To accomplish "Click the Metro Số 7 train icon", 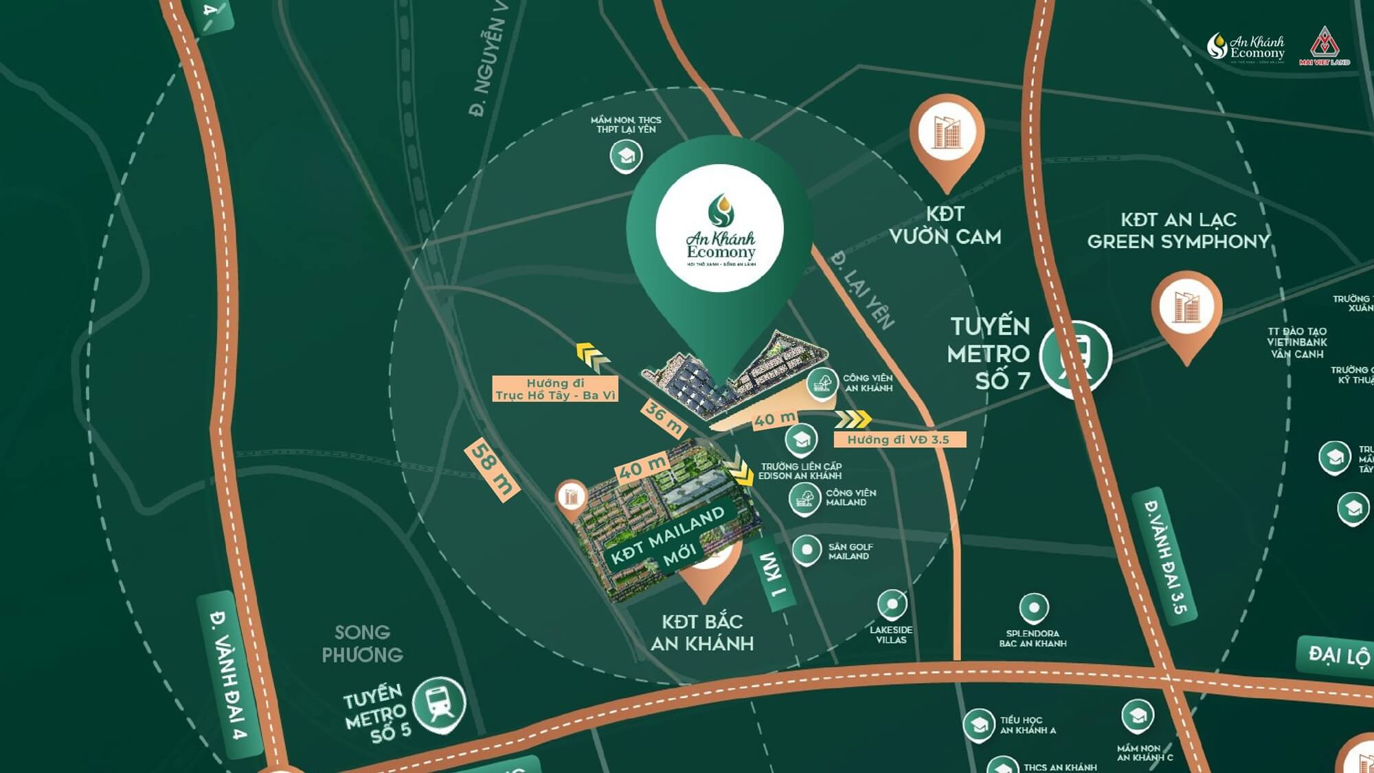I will [1074, 357].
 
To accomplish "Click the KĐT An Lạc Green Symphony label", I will [1178, 230].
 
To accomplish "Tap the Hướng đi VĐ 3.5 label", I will [899, 440].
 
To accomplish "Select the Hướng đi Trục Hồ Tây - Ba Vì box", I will [555, 389].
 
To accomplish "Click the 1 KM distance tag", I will [772, 574].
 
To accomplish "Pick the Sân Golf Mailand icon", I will [807, 550].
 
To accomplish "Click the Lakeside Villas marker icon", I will [892, 604].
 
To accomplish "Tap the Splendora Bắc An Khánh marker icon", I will [1033, 607].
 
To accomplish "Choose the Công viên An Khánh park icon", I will [822, 383].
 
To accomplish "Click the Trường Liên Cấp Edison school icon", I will [801, 439].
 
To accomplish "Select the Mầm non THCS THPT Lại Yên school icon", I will [626, 156].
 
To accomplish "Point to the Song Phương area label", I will [362, 643].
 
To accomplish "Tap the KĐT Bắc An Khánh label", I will [702, 632].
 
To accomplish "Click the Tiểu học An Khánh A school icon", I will [978, 724].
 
